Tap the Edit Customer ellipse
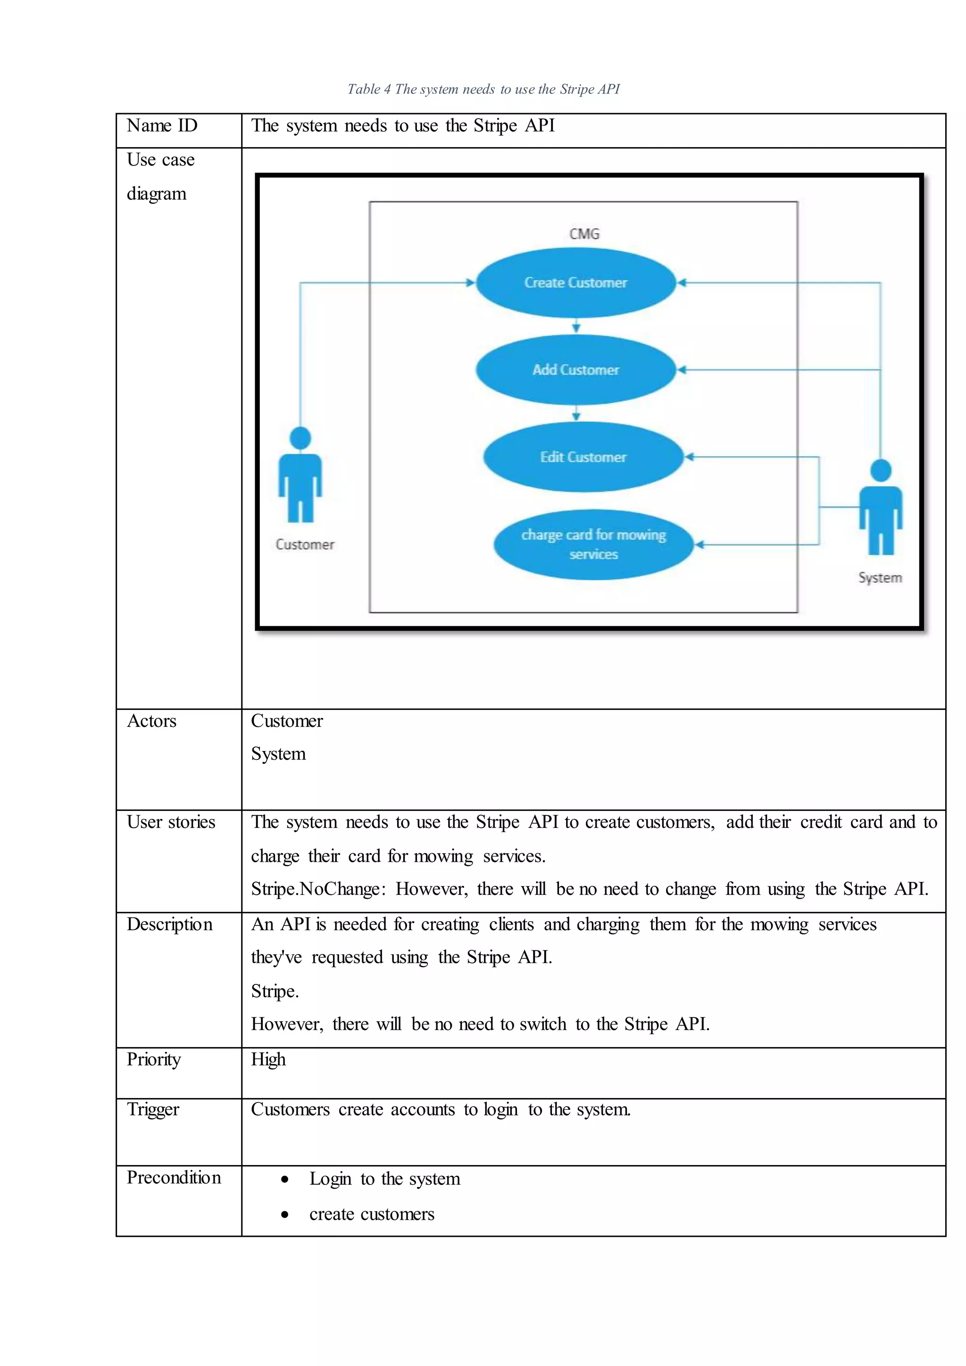(x=583, y=457)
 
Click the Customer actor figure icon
(x=300, y=475)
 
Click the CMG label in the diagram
(x=584, y=234)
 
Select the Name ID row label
(x=162, y=126)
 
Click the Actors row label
(x=152, y=721)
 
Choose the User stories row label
(x=171, y=822)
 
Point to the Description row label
(x=169, y=925)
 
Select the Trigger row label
(x=153, y=1109)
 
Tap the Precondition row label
(x=174, y=1178)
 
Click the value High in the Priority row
(x=268, y=1059)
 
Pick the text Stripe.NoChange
(x=316, y=889)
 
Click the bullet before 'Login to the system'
(x=285, y=1179)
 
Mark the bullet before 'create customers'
(x=285, y=1214)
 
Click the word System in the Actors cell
(x=278, y=754)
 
